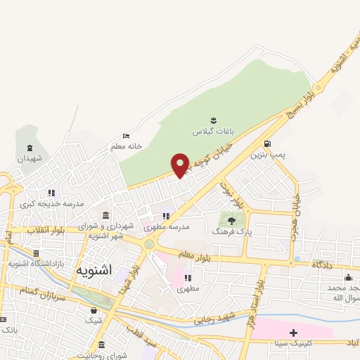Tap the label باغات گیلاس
(212, 131)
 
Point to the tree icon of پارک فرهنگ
(231, 219)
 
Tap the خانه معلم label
(127, 146)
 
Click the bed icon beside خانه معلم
(127, 136)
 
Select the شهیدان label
(30, 158)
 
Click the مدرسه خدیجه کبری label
(51, 203)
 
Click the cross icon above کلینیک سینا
(293, 332)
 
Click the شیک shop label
(94, 321)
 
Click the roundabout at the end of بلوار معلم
(149, 244)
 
